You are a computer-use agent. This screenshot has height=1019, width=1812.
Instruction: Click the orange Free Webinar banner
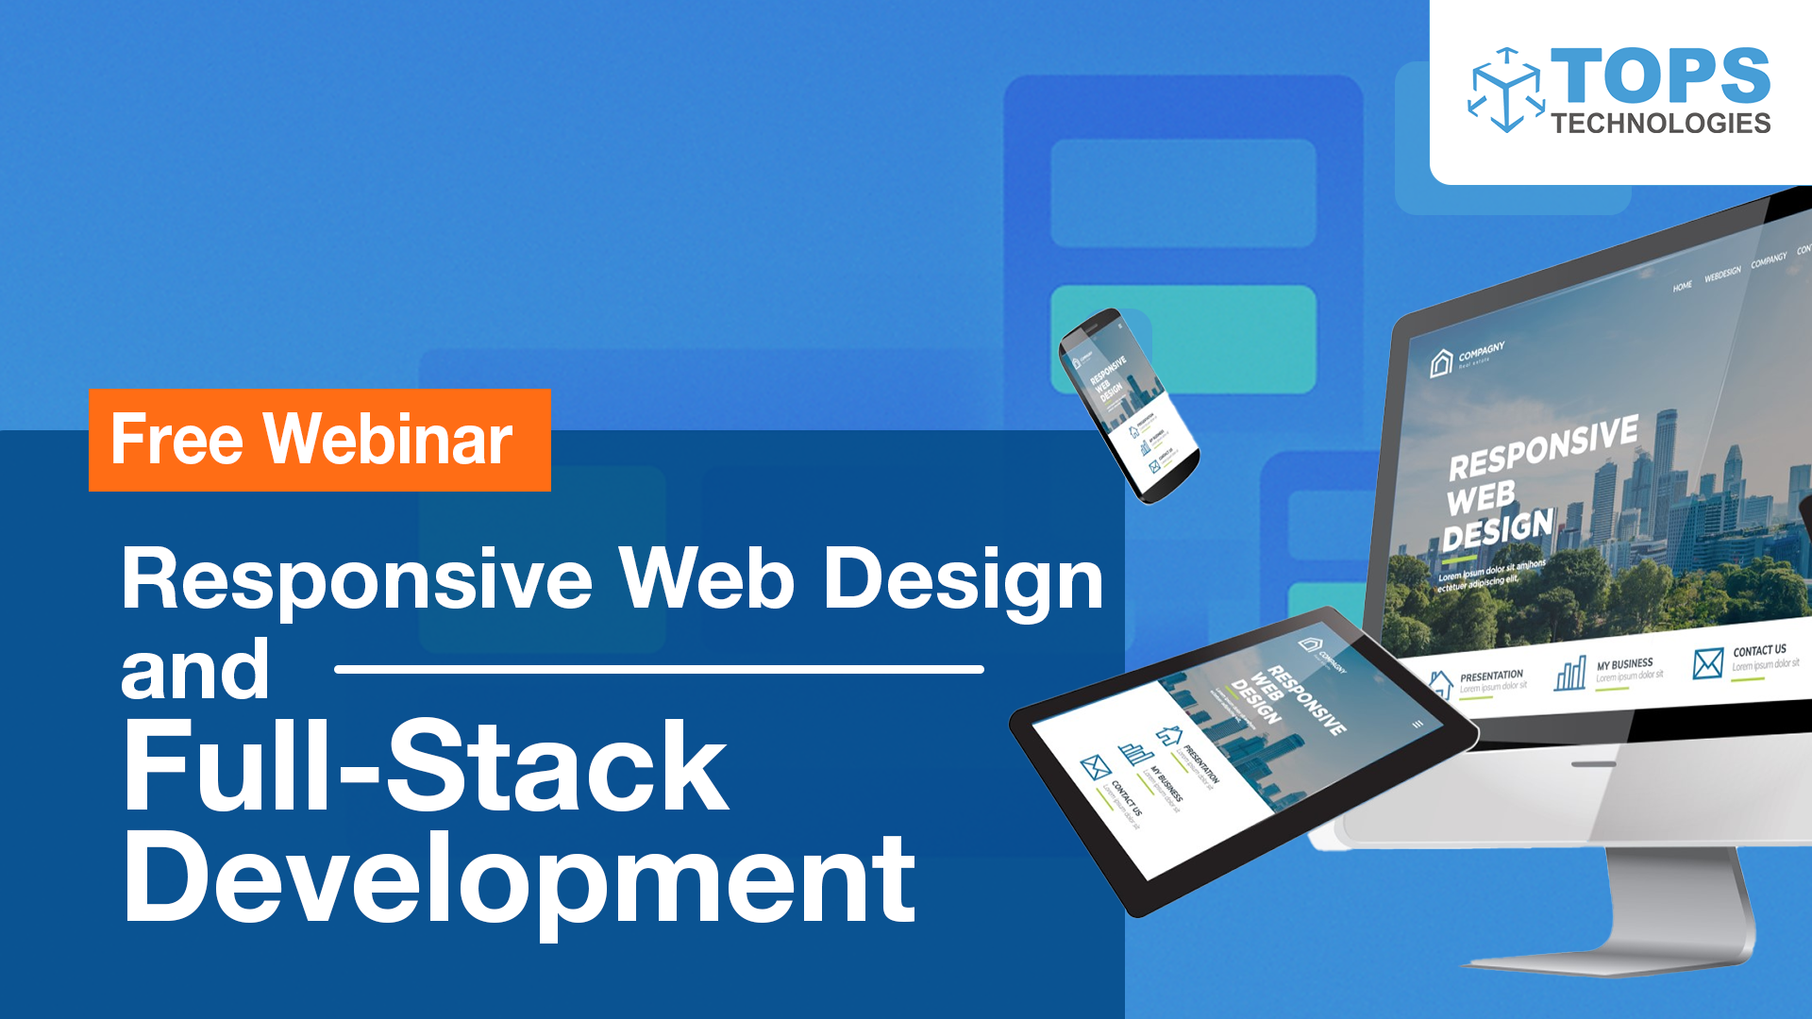coord(319,440)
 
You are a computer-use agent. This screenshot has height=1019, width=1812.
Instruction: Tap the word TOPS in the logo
coord(1660,76)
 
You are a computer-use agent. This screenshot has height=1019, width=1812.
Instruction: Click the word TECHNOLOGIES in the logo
coord(1660,124)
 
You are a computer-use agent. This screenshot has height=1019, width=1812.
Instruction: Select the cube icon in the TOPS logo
coord(1505,91)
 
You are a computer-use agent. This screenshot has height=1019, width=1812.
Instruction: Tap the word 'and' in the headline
coord(195,670)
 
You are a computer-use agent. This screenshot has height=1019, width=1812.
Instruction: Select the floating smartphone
coord(1128,406)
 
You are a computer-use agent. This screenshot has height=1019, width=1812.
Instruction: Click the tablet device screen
coord(1236,745)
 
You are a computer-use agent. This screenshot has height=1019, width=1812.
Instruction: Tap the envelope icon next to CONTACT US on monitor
coord(1707,663)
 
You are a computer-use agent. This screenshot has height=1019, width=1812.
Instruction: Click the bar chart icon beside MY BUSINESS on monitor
coord(1569,674)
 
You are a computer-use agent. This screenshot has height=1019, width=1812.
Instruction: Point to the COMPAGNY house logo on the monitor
coord(1441,362)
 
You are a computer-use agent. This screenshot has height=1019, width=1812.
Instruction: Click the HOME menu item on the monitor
coord(1682,287)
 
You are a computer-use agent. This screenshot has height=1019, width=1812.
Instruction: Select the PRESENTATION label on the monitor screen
coord(1491,676)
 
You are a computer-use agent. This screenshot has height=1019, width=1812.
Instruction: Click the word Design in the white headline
coord(963,579)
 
